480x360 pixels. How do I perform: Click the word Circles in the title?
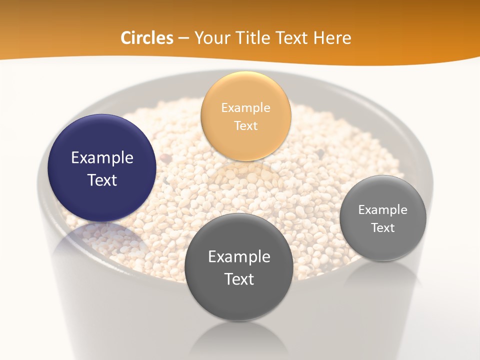(x=146, y=38)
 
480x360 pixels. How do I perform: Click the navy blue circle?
(x=102, y=168)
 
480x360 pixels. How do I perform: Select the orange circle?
(x=245, y=116)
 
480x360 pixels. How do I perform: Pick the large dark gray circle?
(x=238, y=267)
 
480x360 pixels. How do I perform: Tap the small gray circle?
(x=382, y=218)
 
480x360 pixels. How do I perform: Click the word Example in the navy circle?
(x=102, y=158)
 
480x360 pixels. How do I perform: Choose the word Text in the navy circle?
(x=102, y=180)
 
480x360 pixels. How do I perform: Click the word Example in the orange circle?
(x=245, y=107)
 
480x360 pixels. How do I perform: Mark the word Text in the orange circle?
(x=245, y=125)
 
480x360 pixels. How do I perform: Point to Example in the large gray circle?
(x=239, y=256)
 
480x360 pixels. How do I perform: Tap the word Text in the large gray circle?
(x=239, y=279)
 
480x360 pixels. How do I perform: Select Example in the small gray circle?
(x=382, y=209)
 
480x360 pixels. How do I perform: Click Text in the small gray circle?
(x=382, y=228)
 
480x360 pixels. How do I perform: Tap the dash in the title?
(x=183, y=38)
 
